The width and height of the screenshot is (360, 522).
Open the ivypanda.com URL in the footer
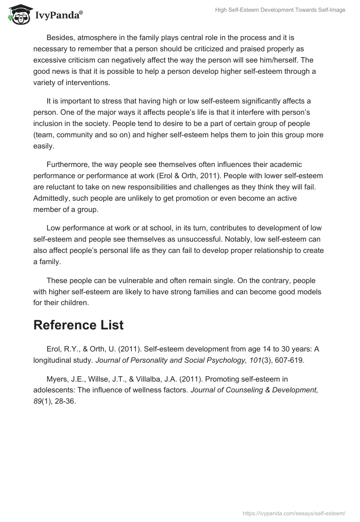click(x=294, y=513)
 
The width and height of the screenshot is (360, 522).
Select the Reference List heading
click(x=78, y=325)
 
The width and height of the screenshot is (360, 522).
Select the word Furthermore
click(x=68, y=164)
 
